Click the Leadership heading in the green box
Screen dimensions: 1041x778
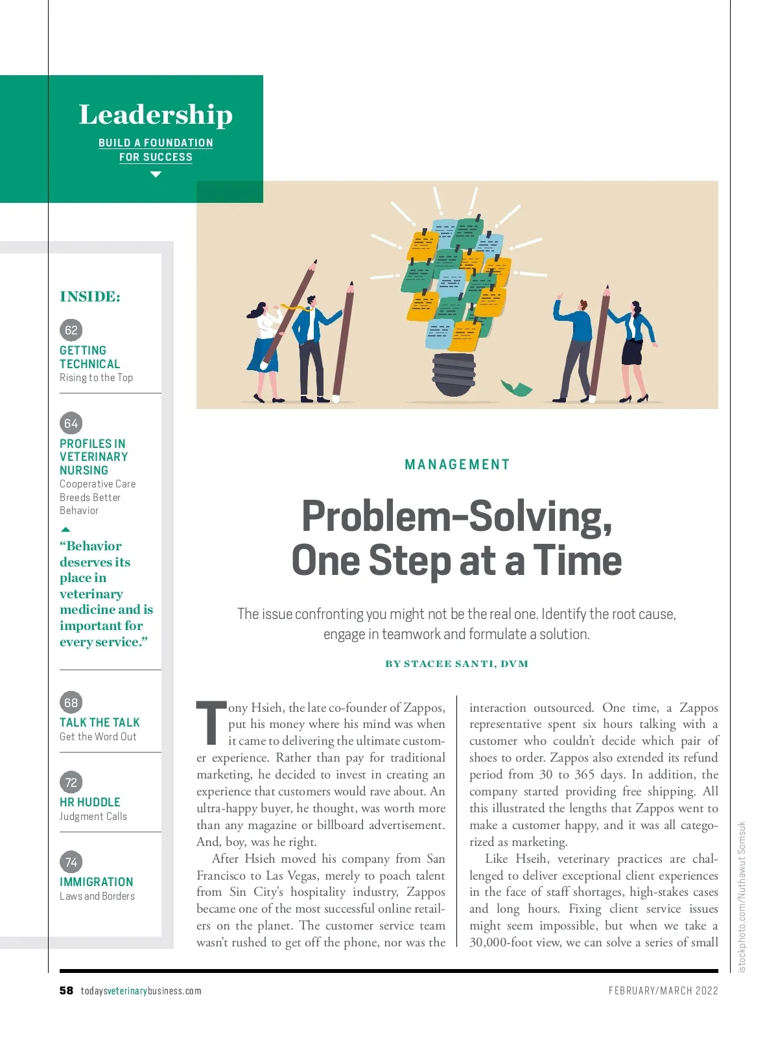coord(156,115)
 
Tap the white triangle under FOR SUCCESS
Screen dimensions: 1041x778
coord(156,174)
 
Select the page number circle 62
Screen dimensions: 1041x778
coord(71,330)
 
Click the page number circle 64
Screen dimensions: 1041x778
coord(71,423)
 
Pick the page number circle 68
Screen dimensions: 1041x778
coord(71,702)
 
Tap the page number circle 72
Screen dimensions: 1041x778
coord(71,782)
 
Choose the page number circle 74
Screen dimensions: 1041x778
coord(71,862)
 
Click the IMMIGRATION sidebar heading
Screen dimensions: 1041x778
coord(97,882)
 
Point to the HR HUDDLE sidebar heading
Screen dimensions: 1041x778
coord(90,802)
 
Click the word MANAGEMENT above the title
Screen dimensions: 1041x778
coord(457,464)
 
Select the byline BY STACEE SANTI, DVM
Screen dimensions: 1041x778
coord(457,664)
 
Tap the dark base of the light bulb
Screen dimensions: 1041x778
coord(454,375)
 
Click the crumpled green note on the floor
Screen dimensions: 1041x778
coord(516,388)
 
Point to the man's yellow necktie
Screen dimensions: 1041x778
coord(295,307)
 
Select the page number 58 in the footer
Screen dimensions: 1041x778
coord(66,990)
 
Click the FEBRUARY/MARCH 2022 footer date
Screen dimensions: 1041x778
coord(663,990)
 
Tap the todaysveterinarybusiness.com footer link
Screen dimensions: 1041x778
coord(141,990)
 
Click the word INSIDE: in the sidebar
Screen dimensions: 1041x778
coord(90,296)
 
